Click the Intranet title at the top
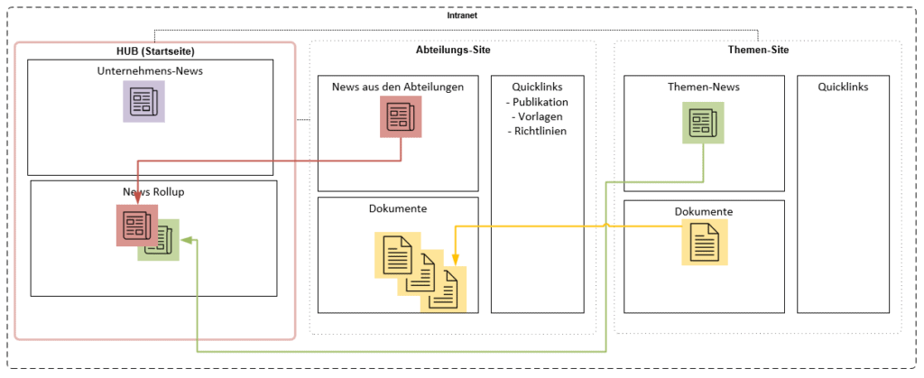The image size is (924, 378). tap(462, 15)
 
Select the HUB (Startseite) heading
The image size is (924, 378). tap(156, 51)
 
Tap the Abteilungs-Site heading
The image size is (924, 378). tap(453, 50)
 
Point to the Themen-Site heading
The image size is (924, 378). tap(758, 50)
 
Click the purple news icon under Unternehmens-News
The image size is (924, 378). tap(143, 101)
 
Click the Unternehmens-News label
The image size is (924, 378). tap(151, 70)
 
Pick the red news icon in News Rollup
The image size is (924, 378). tap(136, 225)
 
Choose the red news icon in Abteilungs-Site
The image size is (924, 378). tap(400, 117)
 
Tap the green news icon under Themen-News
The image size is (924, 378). tap(702, 123)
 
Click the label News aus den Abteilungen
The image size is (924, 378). tap(398, 87)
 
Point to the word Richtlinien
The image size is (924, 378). tap(541, 131)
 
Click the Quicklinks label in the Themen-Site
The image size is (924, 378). tap(843, 87)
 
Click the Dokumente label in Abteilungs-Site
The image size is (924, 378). tap(398, 208)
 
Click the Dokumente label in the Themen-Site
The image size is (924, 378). tap(703, 212)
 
